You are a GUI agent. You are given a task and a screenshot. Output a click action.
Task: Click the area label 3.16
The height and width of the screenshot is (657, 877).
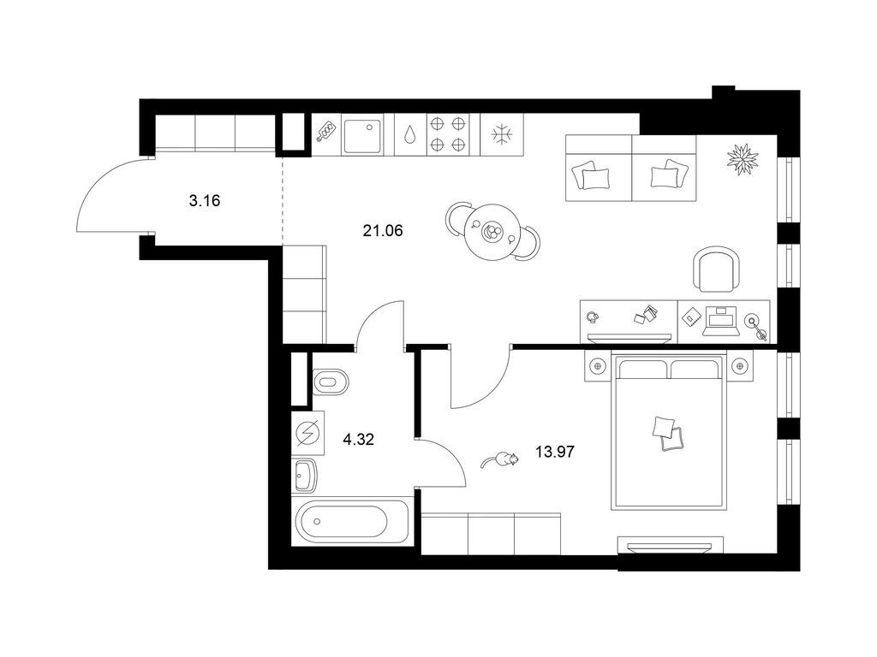[205, 202]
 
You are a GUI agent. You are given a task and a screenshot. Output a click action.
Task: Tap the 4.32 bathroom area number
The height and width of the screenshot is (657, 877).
[358, 440]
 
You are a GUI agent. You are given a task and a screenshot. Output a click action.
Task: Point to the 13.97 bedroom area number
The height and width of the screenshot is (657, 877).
[555, 450]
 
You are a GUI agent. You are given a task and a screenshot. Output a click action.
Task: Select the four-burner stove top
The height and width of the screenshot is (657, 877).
[449, 134]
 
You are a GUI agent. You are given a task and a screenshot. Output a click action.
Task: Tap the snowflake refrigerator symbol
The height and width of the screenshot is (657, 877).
[499, 134]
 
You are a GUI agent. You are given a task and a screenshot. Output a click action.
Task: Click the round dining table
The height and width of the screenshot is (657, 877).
[492, 230]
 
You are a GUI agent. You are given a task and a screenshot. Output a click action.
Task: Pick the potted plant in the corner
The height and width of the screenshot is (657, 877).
[742, 159]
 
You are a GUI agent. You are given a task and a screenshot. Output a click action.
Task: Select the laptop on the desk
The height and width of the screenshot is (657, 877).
[719, 319]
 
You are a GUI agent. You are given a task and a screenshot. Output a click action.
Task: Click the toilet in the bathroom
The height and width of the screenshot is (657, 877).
[329, 381]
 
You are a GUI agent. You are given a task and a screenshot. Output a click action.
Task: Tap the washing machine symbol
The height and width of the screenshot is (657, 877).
[308, 434]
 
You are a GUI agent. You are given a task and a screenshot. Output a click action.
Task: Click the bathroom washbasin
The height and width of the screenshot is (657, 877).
[305, 475]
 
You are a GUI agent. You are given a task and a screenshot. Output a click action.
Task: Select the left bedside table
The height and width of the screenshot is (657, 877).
[598, 367]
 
